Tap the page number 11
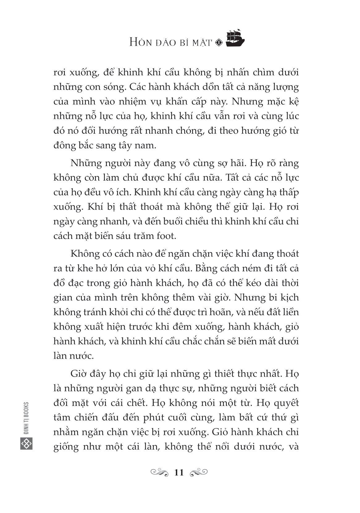[179, 473]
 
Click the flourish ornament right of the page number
[199, 473]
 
